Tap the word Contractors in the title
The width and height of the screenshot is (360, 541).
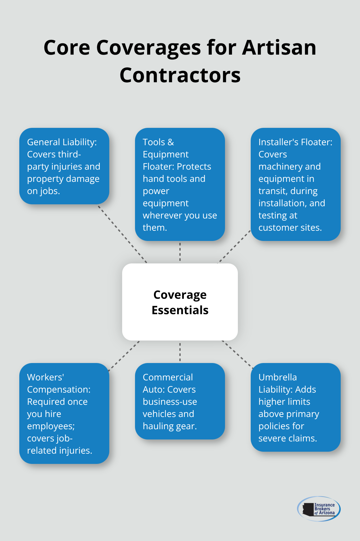click(180, 75)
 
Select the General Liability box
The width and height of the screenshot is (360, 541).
click(64, 166)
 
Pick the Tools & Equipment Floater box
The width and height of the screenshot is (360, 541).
click(180, 184)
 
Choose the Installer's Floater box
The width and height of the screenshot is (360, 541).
click(295, 184)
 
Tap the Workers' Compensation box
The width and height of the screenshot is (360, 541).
click(64, 413)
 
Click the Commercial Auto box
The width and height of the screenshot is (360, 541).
click(180, 401)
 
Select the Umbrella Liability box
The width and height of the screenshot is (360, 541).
click(295, 407)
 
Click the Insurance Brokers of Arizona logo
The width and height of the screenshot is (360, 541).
click(319, 509)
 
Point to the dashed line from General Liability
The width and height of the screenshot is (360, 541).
click(122, 234)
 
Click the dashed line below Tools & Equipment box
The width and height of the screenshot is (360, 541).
click(180, 252)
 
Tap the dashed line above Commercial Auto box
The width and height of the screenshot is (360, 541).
click(180, 352)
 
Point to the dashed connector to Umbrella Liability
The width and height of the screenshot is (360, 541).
click(238, 354)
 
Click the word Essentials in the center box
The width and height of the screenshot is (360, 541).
click(180, 310)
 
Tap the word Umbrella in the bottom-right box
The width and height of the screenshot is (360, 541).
click(277, 377)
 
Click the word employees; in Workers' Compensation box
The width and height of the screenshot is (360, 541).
click(51, 426)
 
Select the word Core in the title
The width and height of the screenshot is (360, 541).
click(67, 48)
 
